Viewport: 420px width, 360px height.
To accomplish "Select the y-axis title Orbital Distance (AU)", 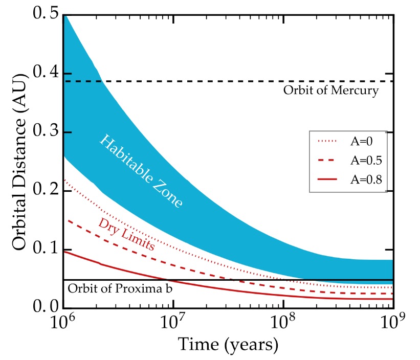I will (19, 162).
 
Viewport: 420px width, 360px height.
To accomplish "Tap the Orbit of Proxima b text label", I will (119, 289).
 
